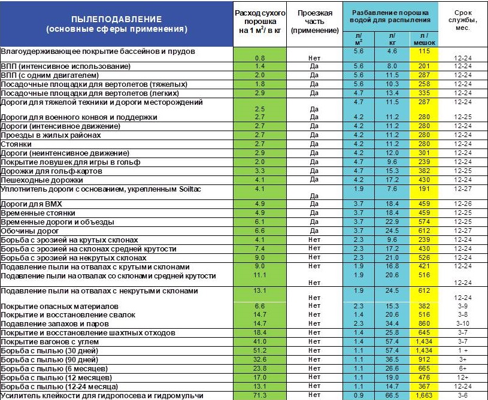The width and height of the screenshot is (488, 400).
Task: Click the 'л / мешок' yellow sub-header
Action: pyautogui.click(x=425, y=40)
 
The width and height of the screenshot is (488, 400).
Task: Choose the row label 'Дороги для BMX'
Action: pyautogui.click(x=32, y=204)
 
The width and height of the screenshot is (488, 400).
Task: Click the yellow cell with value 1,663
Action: pyautogui.click(x=425, y=396)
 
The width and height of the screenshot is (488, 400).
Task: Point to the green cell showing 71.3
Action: pyautogui.click(x=260, y=396)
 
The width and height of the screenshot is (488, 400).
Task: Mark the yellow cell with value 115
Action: pyautogui.click(x=425, y=52)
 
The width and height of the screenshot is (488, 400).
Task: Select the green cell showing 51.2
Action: pyautogui.click(x=260, y=351)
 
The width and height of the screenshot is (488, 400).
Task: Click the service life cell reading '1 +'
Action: pyautogui.click(x=462, y=351)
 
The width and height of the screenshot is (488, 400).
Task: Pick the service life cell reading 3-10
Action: pyautogui.click(x=462, y=323)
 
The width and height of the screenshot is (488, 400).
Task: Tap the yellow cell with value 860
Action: pyautogui.click(x=425, y=323)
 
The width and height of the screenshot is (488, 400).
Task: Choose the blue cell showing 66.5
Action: pyautogui.click(x=392, y=396)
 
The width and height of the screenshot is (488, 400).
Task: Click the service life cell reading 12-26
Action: pyautogui.click(x=462, y=204)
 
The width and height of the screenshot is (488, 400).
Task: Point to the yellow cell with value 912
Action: pyautogui.click(x=425, y=360)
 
